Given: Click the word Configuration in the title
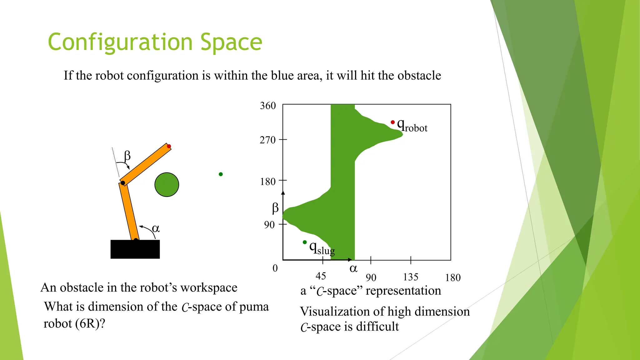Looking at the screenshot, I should click(120, 42).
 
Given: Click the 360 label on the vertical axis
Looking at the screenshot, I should click(268, 106).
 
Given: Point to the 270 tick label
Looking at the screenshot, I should click(267, 140).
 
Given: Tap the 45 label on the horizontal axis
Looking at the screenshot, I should click(321, 276).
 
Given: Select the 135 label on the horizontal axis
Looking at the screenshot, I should click(410, 277).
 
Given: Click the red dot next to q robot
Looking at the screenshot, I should click(392, 122).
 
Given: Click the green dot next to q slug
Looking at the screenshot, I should click(305, 242).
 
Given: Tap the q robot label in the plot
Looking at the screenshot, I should click(412, 126).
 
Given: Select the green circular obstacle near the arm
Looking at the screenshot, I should click(167, 184).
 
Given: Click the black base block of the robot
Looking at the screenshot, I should click(135, 249).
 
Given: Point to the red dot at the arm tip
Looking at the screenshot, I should click(169, 146).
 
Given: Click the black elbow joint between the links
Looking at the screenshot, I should click(123, 183).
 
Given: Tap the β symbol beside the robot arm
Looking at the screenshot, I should click(127, 155).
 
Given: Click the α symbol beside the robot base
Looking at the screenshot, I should click(156, 228).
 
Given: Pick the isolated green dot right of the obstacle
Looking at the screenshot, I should click(221, 174).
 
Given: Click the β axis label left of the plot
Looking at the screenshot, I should click(275, 208).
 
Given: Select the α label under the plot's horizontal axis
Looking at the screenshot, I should click(353, 268).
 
